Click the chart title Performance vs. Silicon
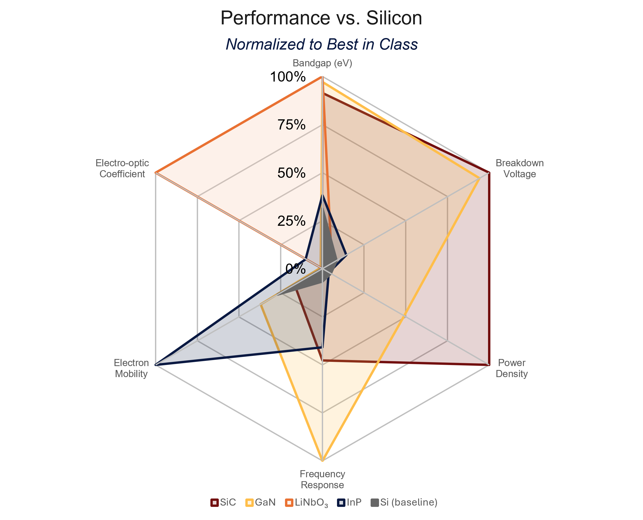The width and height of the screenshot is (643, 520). coord(321,18)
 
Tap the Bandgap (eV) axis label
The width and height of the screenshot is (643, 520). coord(322,63)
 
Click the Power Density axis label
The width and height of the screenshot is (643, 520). coord(512,368)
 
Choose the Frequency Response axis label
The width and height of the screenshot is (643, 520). coord(322,479)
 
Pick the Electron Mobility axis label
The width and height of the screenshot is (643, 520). coord(131,368)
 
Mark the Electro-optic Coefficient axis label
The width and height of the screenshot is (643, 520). coord(122,168)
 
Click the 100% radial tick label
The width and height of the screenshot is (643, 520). coord(288,77)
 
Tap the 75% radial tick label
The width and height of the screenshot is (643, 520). coord(291,125)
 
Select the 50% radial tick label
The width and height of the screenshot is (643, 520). coord(291,173)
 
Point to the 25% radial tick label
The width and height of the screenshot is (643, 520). coord(291,221)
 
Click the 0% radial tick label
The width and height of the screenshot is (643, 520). coord(295,269)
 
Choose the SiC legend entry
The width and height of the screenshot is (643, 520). coord(223,502)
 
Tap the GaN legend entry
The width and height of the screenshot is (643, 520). coord(261,502)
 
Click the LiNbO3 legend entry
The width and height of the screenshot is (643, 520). coord(306,503)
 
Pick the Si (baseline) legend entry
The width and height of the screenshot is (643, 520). coord(404,502)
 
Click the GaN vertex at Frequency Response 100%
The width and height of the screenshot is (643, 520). coord(322,461)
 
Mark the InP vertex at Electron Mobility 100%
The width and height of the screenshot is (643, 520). coord(156,365)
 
